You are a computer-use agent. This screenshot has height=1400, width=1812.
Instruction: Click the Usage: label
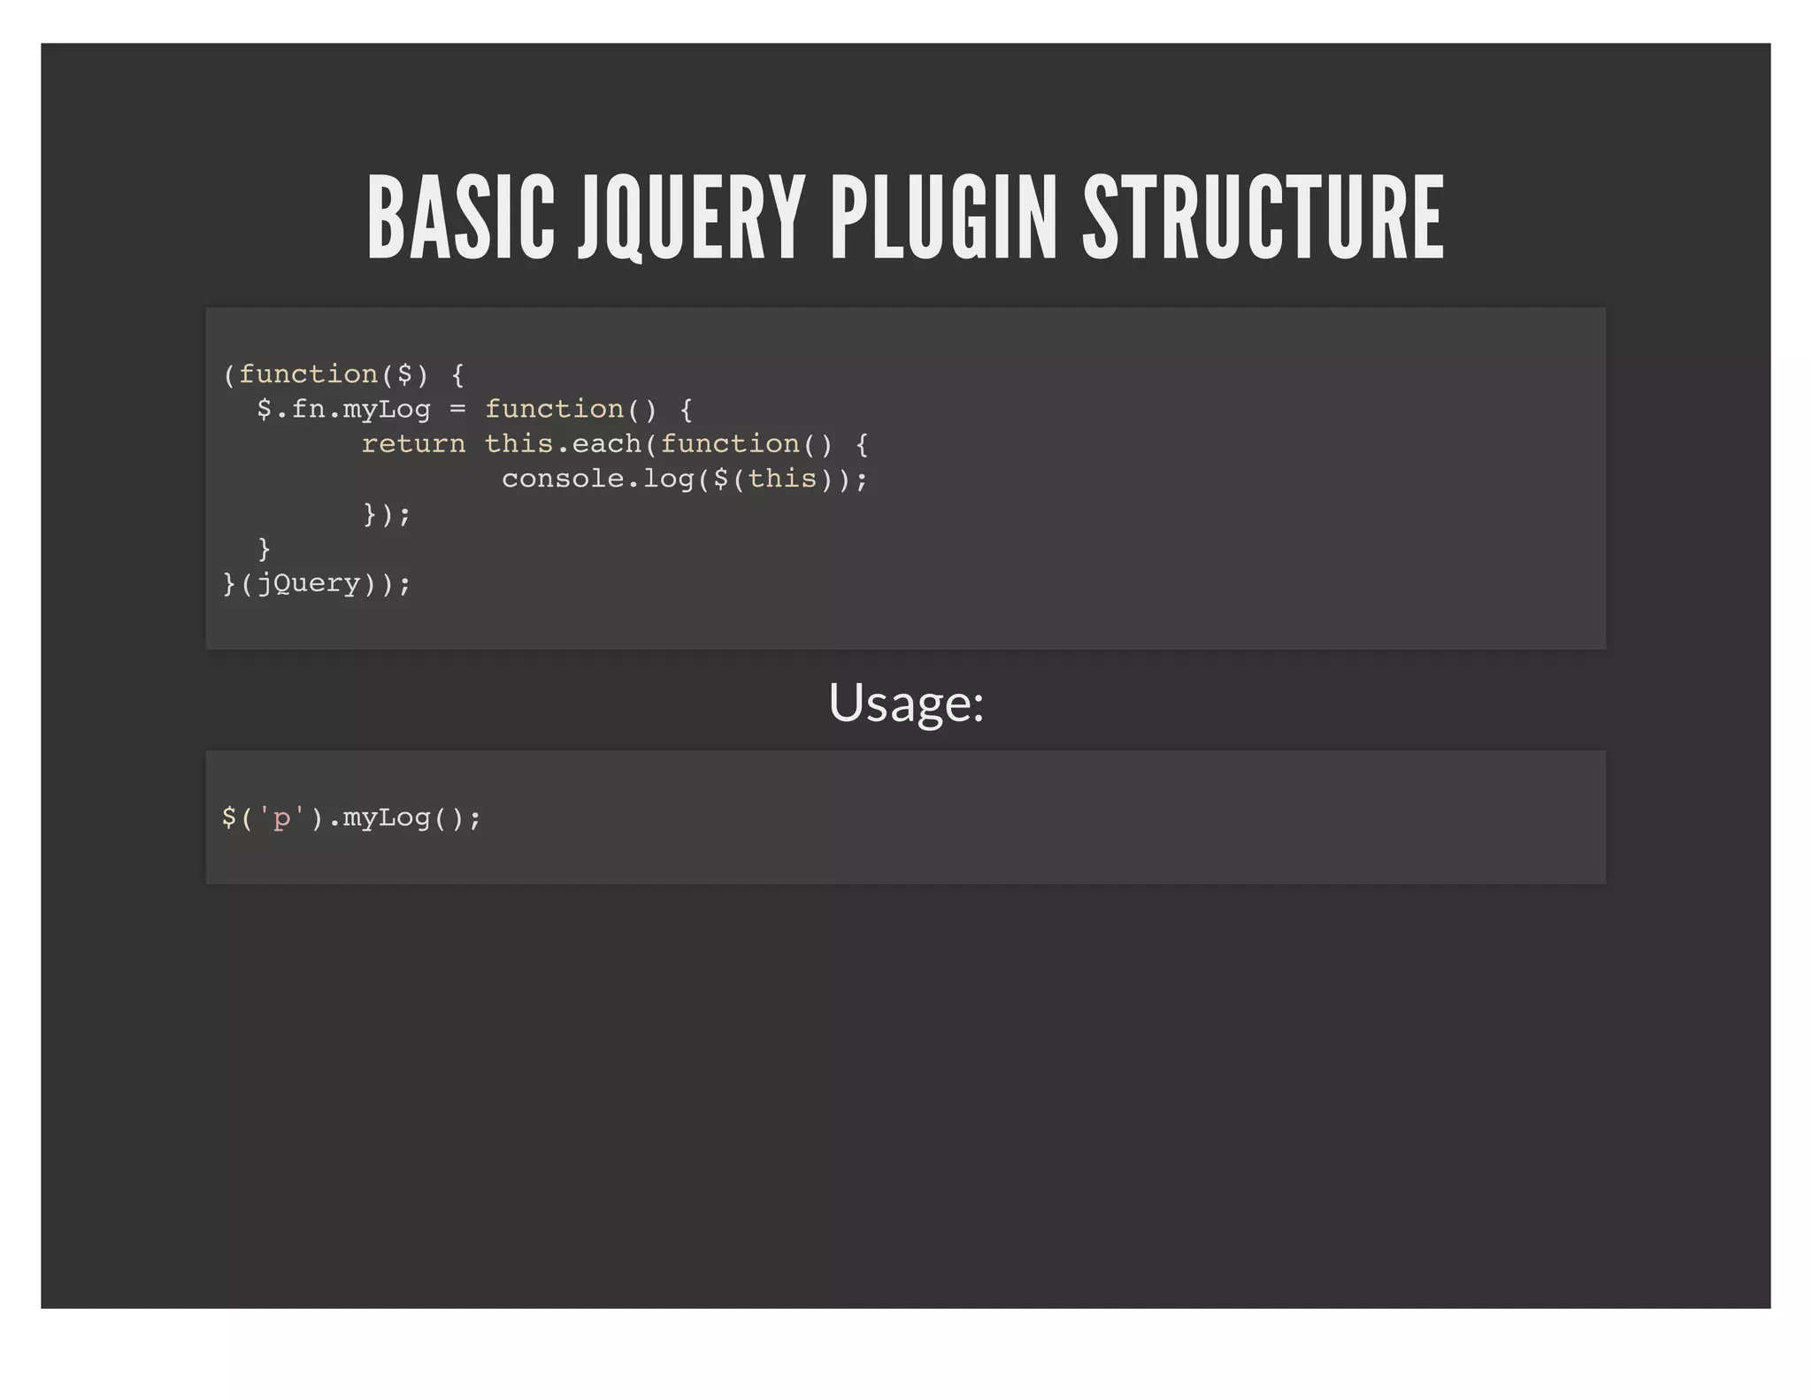coord(906,703)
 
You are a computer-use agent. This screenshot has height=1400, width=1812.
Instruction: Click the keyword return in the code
coord(413,444)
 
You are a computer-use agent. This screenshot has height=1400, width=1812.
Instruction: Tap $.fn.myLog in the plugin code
coord(343,410)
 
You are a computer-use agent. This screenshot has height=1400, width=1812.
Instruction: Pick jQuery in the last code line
coord(309,584)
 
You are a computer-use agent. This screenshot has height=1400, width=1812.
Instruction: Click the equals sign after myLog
coord(457,410)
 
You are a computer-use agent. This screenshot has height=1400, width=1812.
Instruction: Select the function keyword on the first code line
coord(309,374)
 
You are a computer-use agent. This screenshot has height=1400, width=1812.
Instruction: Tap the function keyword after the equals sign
coord(554,410)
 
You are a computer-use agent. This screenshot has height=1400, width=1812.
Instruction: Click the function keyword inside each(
coord(730,444)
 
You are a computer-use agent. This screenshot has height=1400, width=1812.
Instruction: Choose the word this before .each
coord(518,444)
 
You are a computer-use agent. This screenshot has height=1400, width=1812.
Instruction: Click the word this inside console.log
coord(782,479)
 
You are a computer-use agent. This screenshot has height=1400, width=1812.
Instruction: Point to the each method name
coord(606,444)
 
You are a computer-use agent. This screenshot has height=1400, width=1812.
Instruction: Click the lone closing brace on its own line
coord(264,549)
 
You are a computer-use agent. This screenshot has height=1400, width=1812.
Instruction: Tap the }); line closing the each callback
coord(387,514)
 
